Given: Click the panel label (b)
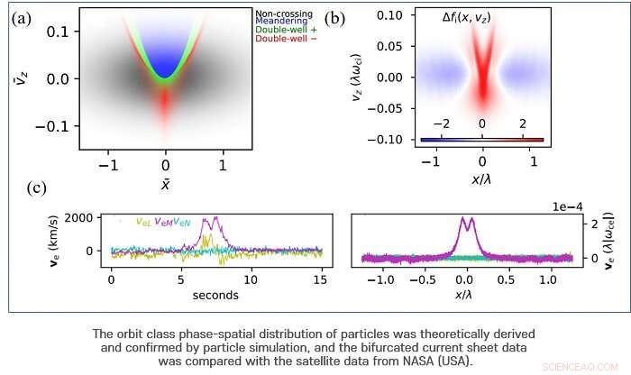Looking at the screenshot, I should (335, 18).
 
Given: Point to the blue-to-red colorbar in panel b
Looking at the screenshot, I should (482, 140).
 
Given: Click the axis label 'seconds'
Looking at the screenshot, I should (214, 295).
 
